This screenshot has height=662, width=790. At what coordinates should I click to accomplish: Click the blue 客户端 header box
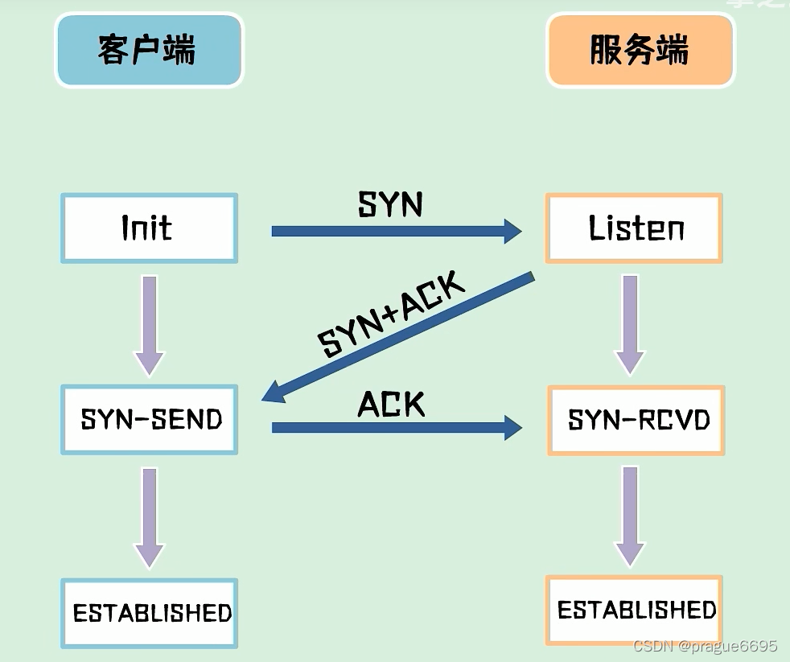coord(149,50)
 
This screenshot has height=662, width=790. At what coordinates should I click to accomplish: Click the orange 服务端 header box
coord(640,50)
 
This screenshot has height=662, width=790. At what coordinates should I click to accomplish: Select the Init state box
coord(149,228)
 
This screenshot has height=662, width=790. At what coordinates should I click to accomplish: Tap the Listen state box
coord(634,228)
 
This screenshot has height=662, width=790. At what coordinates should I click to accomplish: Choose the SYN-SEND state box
coord(150,419)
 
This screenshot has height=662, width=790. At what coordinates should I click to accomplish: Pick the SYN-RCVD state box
coord(636,420)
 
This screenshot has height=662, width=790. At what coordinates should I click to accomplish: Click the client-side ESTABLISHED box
coord(150,613)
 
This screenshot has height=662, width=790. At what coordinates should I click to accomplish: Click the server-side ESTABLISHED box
coord(635,610)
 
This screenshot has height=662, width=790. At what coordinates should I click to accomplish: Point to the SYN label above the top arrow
coord(390,205)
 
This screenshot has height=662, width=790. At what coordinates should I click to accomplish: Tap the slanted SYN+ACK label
coord(392,315)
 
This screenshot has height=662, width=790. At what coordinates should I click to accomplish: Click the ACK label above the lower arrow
coord(391,405)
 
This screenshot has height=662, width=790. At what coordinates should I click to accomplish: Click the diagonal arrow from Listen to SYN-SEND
coord(398,338)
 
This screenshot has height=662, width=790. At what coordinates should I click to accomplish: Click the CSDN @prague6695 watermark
coord(705,646)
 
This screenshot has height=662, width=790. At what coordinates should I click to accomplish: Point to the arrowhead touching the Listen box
coord(512,232)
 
